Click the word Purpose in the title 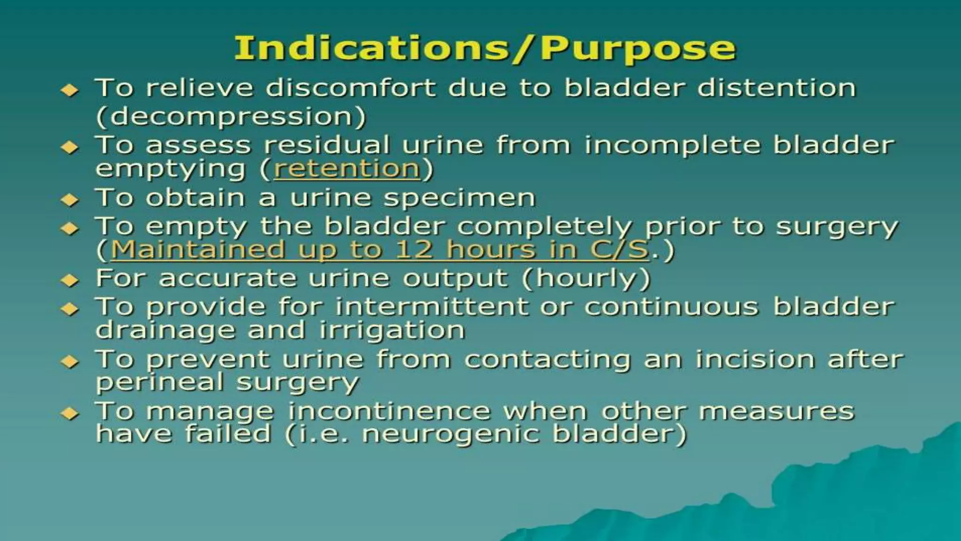click(x=638, y=48)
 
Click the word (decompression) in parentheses click(x=230, y=116)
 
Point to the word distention click(x=777, y=88)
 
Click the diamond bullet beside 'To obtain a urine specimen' click(x=70, y=200)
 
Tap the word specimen click(x=459, y=198)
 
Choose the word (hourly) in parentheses click(x=586, y=278)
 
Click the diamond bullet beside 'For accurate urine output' click(x=70, y=280)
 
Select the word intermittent click(x=432, y=307)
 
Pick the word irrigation click(x=392, y=330)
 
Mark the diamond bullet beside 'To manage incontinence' click(x=70, y=413)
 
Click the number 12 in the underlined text click(x=413, y=249)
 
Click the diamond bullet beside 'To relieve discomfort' click(x=70, y=90)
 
